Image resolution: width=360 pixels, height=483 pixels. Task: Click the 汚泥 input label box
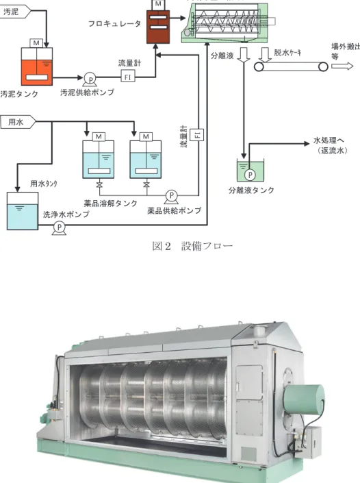pos(15,12)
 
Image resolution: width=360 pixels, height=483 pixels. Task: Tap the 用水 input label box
pos(18,122)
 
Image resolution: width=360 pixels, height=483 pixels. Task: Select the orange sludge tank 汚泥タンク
pos(36,66)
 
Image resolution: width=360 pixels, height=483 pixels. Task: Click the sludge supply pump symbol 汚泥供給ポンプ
pos(90,79)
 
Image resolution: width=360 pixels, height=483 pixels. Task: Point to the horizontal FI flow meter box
pos(128,76)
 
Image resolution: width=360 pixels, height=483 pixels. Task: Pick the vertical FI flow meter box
pos(196,134)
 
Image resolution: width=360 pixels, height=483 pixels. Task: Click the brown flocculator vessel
pos(158,27)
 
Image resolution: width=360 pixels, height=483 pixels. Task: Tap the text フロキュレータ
pos(114,24)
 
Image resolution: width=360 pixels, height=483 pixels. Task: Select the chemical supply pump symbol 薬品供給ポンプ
pos(171,196)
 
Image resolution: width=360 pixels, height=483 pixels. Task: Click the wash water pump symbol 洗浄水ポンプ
pos(59,228)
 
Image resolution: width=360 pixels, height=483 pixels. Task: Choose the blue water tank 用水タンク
pos(23,211)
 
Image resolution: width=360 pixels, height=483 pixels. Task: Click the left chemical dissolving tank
pos(99,159)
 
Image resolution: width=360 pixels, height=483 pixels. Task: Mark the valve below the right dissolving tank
pos(146,185)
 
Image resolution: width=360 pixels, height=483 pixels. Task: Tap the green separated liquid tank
pos(250,171)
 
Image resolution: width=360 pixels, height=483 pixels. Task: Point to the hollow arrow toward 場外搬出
pos(342,66)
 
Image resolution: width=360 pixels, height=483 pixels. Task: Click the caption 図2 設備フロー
pos(192,246)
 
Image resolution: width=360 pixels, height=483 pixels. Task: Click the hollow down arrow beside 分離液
pos(244,55)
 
